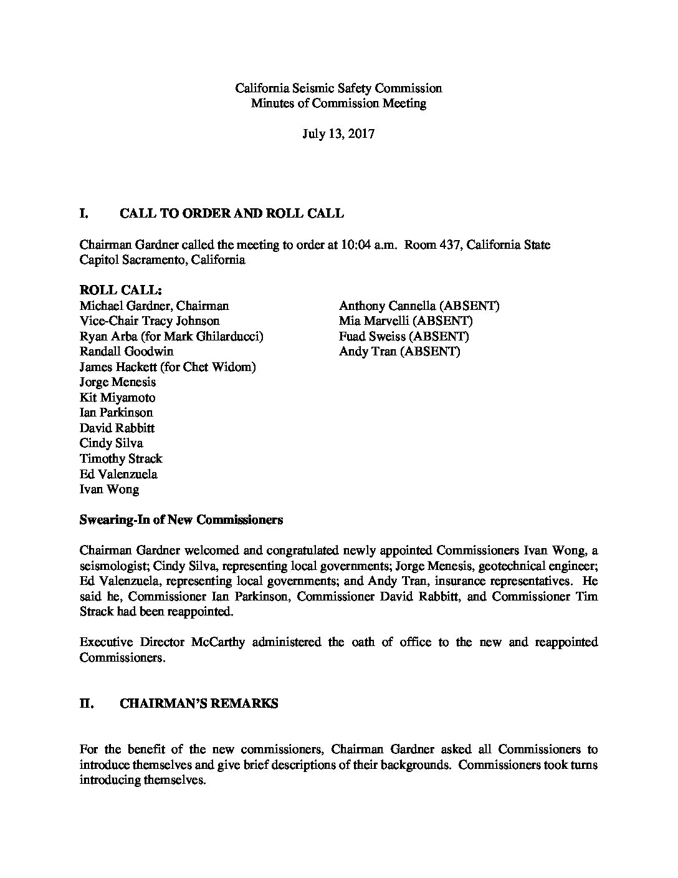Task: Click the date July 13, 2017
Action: click(x=338, y=134)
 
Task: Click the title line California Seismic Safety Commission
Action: click(x=338, y=89)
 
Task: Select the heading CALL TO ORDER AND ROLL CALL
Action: click(x=231, y=214)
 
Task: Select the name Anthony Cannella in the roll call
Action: click(x=388, y=306)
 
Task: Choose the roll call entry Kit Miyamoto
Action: click(x=118, y=398)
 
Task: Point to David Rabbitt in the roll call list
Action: click(x=117, y=428)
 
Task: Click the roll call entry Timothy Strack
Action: click(x=121, y=459)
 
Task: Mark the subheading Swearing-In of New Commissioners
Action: click(x=181, y=519)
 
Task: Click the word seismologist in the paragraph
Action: click(x=110, y=566)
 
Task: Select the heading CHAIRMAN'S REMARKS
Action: click(x=199, y=703)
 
